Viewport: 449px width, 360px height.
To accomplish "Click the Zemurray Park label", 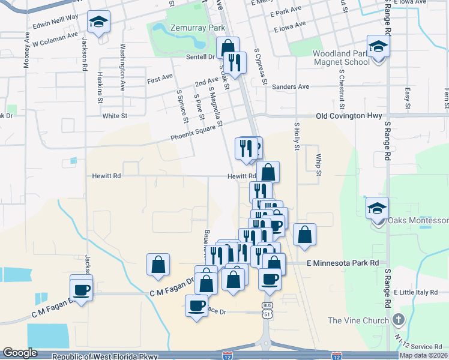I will [181, 28].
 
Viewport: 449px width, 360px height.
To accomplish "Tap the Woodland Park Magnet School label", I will [340, 58].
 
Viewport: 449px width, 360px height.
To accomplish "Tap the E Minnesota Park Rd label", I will [343, 263].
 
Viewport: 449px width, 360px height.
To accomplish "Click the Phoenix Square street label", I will [193, 136].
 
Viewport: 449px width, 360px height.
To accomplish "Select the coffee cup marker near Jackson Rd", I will [82, 289].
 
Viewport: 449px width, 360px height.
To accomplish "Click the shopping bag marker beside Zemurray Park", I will [228, 47].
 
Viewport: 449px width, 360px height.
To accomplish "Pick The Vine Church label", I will [358, 320].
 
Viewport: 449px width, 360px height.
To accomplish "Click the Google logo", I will [20, 353].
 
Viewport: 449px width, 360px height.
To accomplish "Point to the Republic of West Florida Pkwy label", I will [104, 356].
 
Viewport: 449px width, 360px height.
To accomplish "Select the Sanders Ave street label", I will [290, 87].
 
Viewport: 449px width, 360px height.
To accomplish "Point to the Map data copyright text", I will [424, 355].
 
